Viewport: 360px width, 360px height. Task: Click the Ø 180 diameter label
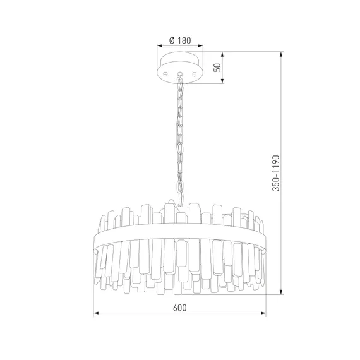click(x=180, y=40)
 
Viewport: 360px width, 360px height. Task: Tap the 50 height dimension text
click(x=217, y=68)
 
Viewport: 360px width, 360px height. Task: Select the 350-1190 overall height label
click(x=276, y=173)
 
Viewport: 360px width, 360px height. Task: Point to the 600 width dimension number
click(x=180, y=308)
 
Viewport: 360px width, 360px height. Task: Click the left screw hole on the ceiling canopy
click(x=165, y=74)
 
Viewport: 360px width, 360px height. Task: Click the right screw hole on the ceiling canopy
click(x=195, y=74)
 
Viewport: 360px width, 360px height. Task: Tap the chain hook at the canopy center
click(x=180, y=74)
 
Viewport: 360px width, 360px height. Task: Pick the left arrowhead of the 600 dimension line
click(x=96, y=313)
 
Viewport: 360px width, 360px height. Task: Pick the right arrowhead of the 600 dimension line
click(x=263, y=313)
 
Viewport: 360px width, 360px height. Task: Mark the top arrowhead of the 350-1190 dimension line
click(x=281, y=55)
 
